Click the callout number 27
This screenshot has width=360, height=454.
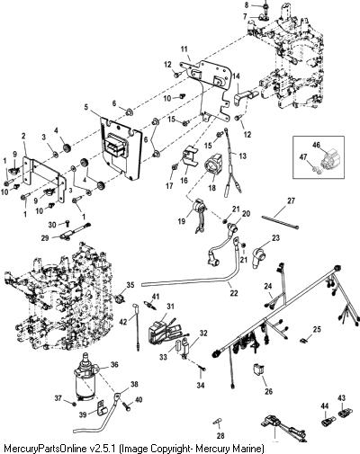click(291, 200)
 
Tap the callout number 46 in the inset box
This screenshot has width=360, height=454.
click(316, 146)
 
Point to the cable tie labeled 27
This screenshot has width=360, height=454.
click(281, 222)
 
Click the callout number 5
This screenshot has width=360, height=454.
click(86, 107)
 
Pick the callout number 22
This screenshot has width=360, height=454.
click(234, 293)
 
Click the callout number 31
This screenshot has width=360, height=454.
click(170, 307)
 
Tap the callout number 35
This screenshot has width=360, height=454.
click(130, 285)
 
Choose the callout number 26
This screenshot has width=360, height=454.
click(268, 391)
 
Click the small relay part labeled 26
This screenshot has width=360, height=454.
click(258, 369)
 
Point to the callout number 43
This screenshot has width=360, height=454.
click(341, 398)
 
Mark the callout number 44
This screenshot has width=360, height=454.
click(325, 406)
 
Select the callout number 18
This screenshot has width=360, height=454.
click(212, 188)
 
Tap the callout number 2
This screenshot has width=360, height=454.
click(23, 136)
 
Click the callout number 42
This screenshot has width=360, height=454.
click(123, 322)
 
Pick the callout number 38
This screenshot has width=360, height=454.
click(135, 384)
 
